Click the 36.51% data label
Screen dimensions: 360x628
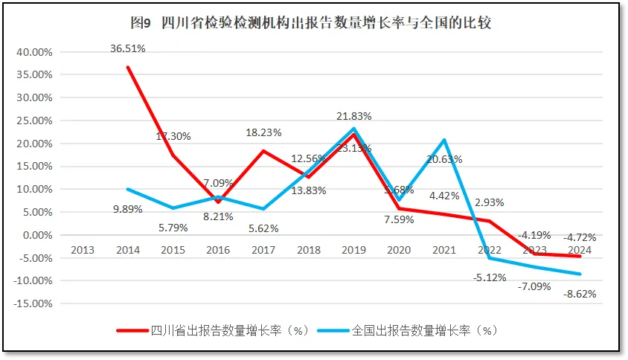(x=128, y=48)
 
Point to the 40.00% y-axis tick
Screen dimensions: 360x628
(x=34, y=52)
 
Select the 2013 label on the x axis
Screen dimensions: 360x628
(x=82, y=250)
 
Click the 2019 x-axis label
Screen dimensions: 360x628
(x=353, y=250)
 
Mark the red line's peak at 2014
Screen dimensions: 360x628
(x=128, y=68)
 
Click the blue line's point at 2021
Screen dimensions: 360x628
(x=444, y=140)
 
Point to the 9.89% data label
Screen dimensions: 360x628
(x=128, y=210)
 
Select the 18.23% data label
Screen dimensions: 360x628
(x=263, y=132)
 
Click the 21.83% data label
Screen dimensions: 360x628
(x=353, y=117)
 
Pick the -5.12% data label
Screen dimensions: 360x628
(x=489, y=277)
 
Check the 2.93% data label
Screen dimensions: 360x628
(x=489, y=202)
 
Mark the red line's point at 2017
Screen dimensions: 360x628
(x=263, y=151)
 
